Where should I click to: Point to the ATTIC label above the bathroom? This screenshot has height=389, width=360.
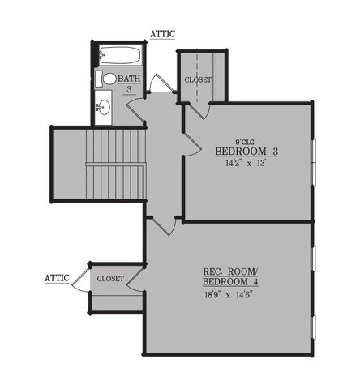coord(163,34)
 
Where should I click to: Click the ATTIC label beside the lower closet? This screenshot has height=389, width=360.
coord(56,278)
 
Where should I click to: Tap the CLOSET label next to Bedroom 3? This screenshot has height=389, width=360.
coord(198,80)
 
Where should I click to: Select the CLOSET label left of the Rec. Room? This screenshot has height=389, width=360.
coord(110,278)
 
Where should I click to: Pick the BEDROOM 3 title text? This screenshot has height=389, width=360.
coord(246,152)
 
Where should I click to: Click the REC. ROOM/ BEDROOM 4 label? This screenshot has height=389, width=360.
coord(229,276)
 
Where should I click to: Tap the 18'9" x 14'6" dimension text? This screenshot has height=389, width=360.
coord(229,295)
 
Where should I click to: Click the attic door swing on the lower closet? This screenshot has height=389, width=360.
coord(80,279)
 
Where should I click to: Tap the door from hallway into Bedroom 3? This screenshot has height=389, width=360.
coord(193,138)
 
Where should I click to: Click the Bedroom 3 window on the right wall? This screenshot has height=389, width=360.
coord(313,161)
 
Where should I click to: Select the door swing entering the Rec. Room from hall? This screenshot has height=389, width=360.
coord(165,225)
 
